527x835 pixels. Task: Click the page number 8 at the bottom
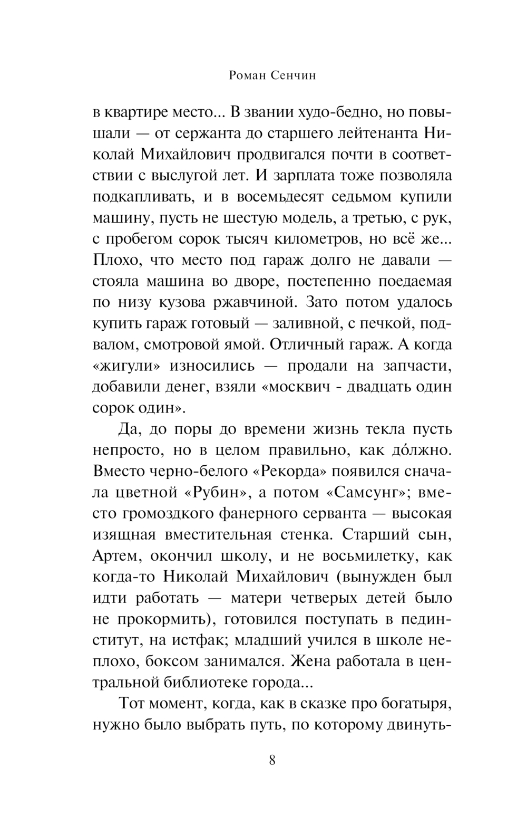(272, 760)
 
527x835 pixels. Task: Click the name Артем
(116, 556)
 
